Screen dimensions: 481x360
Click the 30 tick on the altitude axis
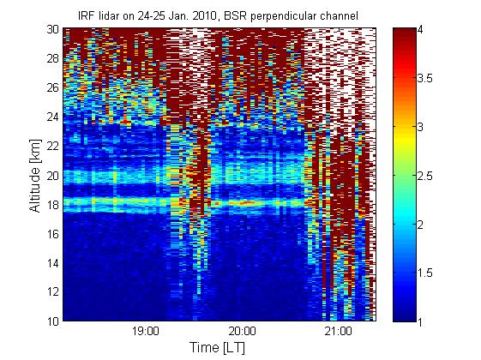53,29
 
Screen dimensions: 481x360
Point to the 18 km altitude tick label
53,205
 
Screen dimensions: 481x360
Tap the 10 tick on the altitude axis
53,321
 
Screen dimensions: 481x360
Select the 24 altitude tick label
53,117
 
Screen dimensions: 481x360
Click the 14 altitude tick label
53,263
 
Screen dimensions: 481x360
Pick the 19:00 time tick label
146,331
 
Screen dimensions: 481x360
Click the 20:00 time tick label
243,331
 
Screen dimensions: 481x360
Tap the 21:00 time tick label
339,331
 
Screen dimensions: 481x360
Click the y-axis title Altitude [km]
35,176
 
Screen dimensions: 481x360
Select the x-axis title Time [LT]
218,347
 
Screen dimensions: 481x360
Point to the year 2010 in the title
204,15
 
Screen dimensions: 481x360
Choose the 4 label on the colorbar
420,30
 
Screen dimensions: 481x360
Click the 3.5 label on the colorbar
425,78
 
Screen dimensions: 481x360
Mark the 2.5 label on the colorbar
425,176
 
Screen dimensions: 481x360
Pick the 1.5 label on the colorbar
425,273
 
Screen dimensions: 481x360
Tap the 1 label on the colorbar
420,321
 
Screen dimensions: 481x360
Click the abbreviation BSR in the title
236,15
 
